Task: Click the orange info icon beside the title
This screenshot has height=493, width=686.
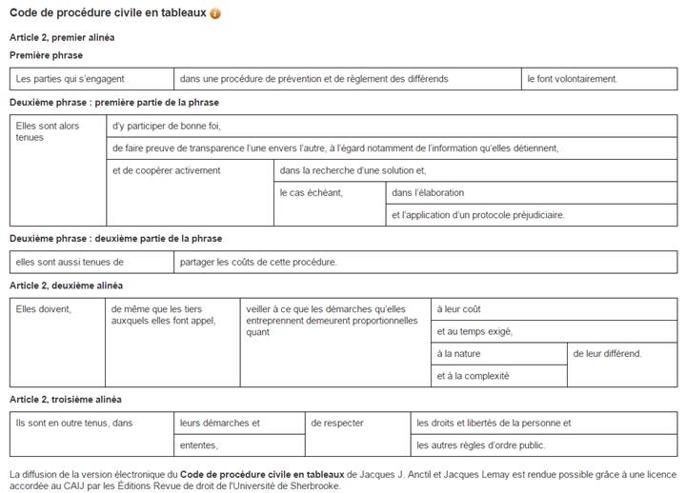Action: (215, 13)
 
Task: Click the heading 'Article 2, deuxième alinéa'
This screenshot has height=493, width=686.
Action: (66, 286)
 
